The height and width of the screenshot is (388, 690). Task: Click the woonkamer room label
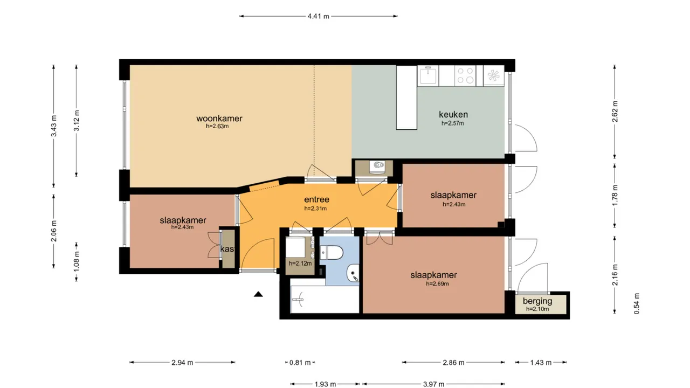219,119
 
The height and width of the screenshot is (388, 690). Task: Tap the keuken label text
453,114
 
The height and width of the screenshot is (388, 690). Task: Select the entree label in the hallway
316,199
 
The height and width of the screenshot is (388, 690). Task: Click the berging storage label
537,301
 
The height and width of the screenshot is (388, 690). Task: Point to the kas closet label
227,250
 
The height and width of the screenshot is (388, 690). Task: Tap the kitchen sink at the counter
429,75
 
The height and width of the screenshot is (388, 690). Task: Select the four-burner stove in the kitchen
465,75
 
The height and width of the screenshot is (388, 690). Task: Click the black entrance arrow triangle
258,294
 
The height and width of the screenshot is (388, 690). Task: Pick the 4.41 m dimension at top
318,16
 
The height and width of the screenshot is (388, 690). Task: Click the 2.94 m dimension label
182,363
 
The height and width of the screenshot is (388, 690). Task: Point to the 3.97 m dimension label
433,384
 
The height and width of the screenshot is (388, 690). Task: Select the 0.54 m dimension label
637,303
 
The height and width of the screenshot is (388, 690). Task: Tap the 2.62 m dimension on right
615,112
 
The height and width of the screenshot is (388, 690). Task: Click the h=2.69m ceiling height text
437,283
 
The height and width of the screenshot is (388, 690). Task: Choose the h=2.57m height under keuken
452,123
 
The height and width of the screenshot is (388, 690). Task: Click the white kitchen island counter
407,98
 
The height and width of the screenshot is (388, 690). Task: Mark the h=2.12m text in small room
300,264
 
